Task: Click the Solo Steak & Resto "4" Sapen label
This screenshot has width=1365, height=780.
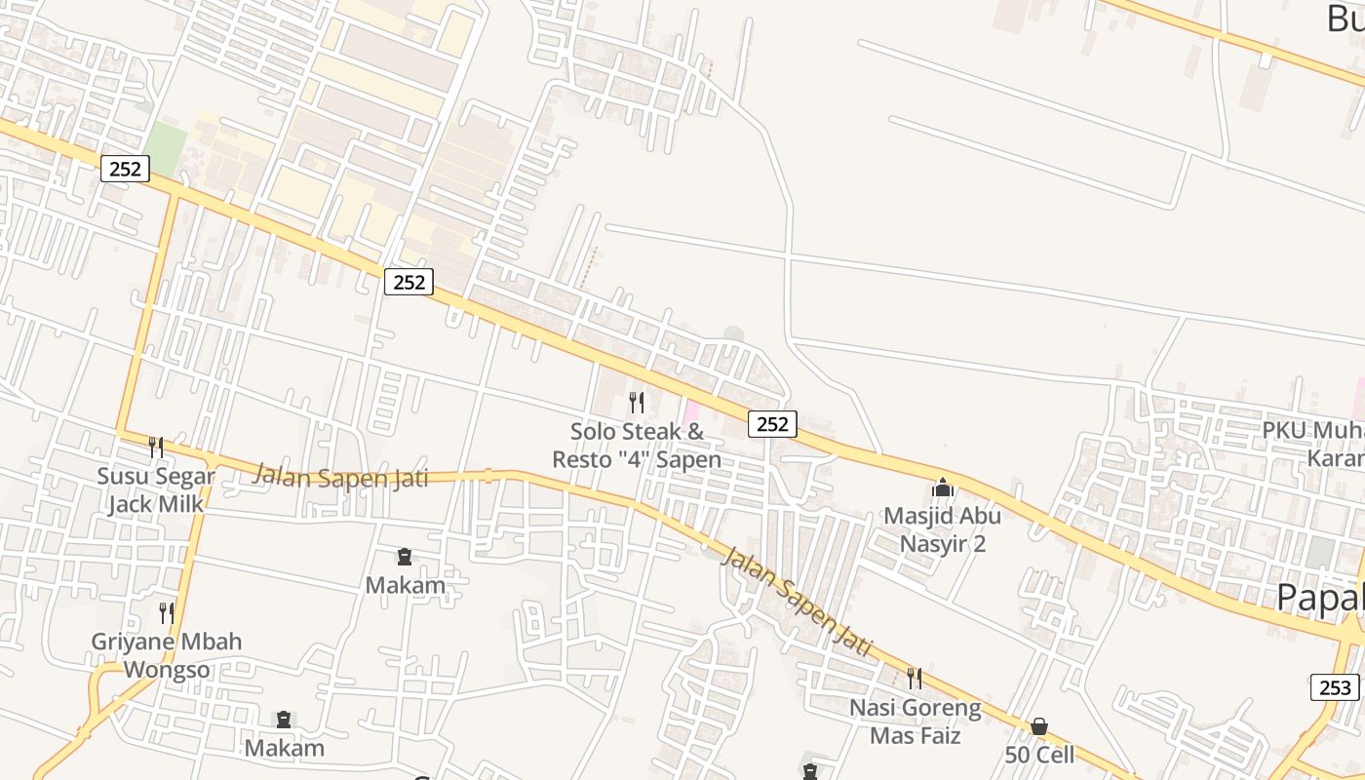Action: click(637, 445)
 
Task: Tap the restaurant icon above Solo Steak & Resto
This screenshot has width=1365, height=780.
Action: click(637, 402)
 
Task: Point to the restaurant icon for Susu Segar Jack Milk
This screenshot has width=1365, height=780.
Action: click(156, 447)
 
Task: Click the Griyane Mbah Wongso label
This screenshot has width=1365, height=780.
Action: click(166, 655)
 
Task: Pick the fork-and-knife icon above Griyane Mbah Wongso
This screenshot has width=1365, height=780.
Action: click(167, 612)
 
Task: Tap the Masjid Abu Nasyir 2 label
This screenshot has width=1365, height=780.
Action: click(942, 528)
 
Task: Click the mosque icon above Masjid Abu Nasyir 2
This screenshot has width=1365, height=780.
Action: click(942, 487)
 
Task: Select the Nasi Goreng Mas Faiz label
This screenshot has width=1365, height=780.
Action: click(915, 721)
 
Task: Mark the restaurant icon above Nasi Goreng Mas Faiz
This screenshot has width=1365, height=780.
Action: click(914, 677)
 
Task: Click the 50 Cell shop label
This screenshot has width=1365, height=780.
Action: click(1039, 754)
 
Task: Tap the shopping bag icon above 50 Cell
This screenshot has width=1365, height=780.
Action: click(1039, 726)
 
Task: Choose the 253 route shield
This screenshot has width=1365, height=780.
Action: click(1334, 687)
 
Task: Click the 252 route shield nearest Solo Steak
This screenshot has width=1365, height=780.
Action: click(772, 424)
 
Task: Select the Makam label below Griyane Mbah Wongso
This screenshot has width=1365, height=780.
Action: click(284, 748)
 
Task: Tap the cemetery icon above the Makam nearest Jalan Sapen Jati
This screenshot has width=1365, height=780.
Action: click(405, 557)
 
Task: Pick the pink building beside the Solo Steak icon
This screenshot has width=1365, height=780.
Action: click(691, 412)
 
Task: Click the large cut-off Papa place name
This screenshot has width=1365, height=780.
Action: click(1320, 597)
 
